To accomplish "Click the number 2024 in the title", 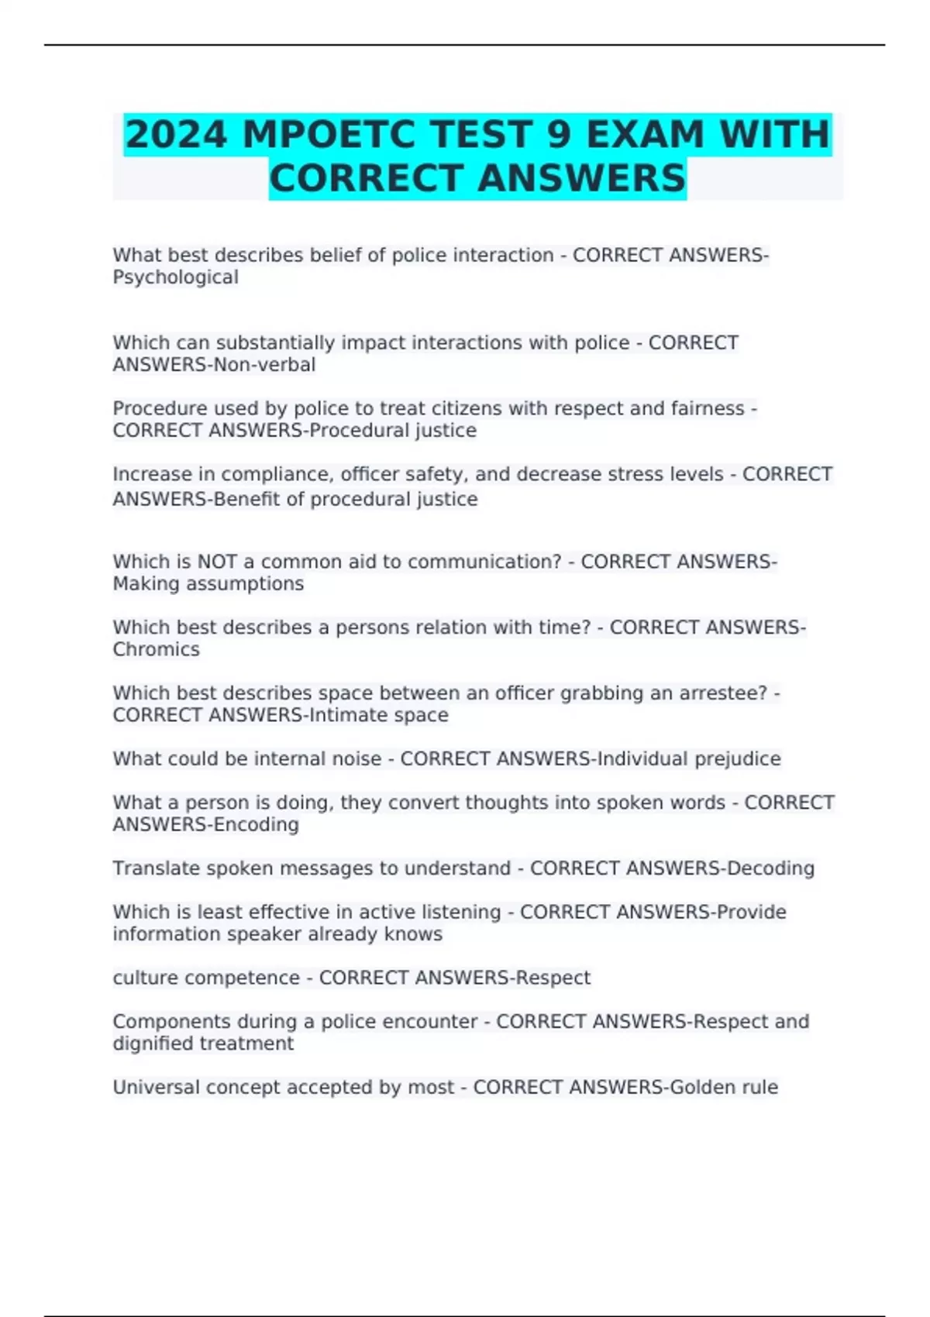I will tap(176, 135).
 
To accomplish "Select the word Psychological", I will tap(176, 277).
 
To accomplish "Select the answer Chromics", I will tap(157, 649).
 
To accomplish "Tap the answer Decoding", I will tap(771, 868).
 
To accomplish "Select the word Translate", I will tap(151, 868).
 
